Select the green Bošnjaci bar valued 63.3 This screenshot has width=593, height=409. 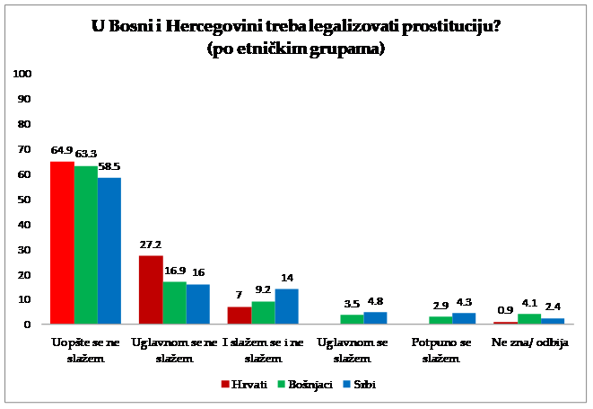pyautogui.click(x=86, y=245)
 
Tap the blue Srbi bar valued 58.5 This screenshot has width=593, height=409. pyautogui.click(x=109, y=251)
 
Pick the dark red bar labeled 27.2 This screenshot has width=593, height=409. pyautogui.click(x=152, y=289)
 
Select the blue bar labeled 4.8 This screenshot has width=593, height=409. pyautogui.click(x=376, y=317)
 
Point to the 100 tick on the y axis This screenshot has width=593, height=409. pyautogui.click(x=24, y=74)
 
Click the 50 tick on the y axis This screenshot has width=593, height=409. pyautogui.click(x=27, y=199)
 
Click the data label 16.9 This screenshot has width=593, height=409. pyautogui.click(x=174, y=270)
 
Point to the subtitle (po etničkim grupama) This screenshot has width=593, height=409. pyautogui.click(x=296, y=50)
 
